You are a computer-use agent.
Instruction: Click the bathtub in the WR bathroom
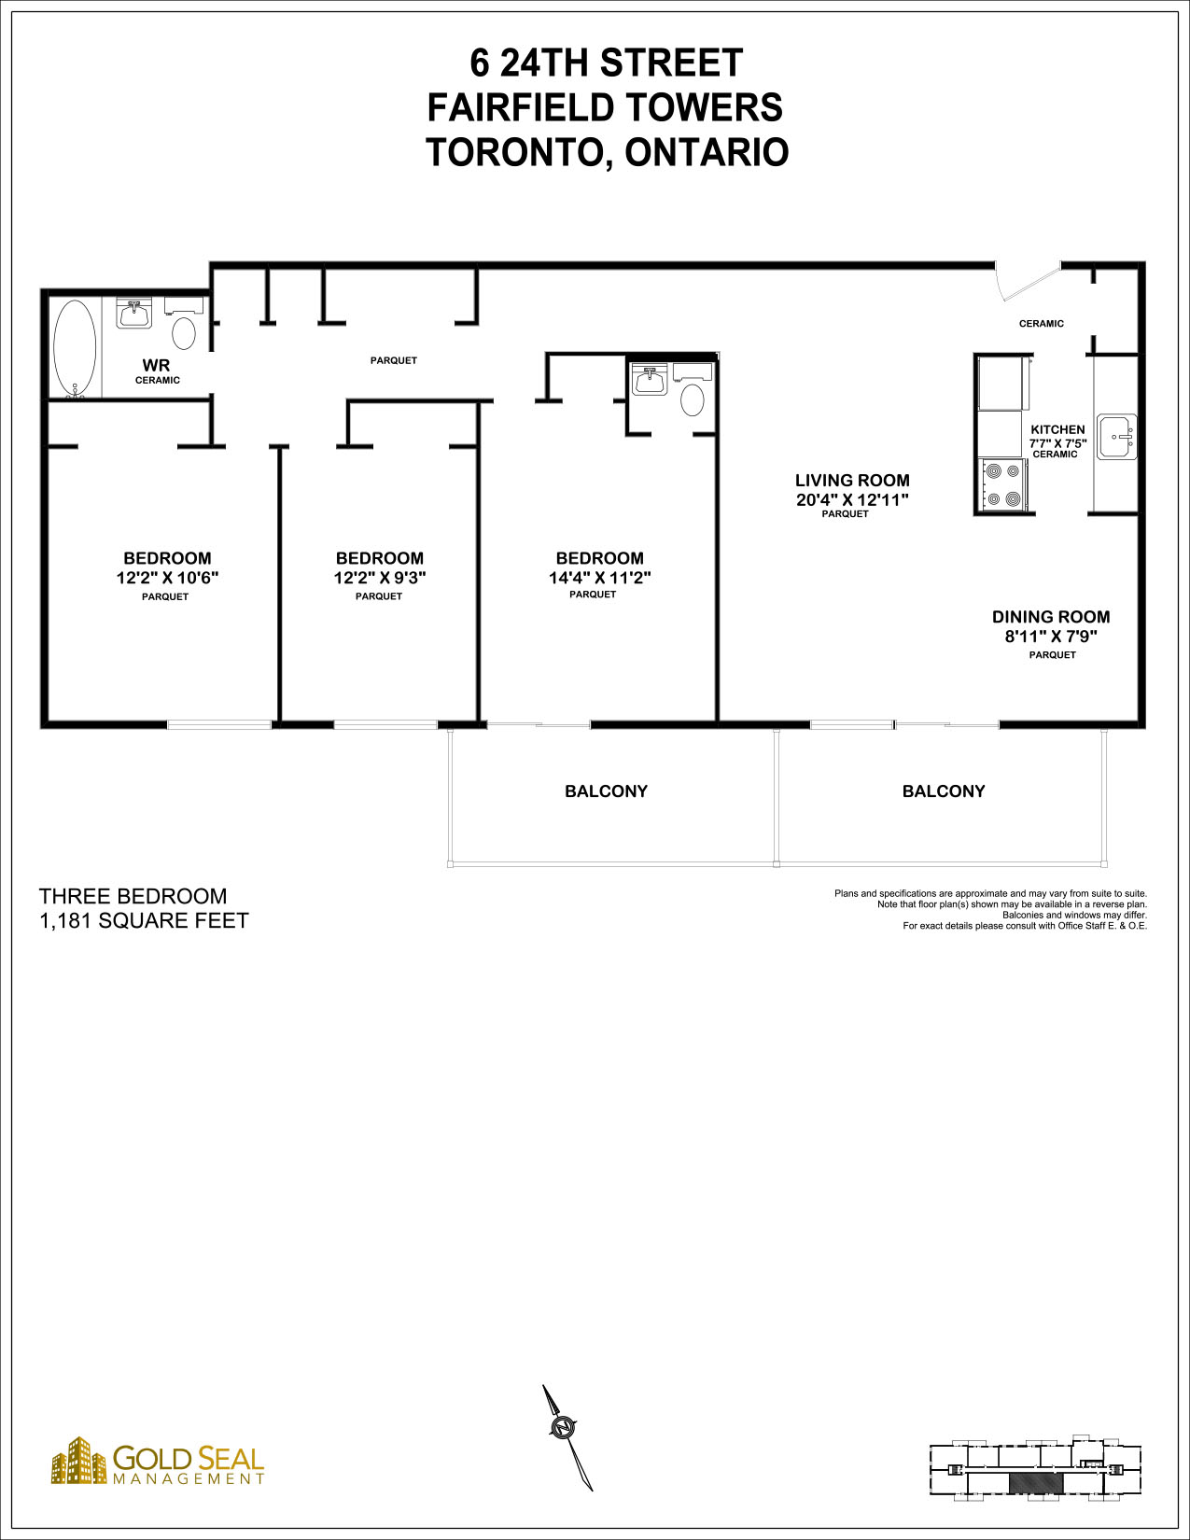click(75, 347)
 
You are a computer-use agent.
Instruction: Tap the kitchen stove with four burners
click(1003, 483)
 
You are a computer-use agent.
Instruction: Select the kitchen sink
click(1117, 437)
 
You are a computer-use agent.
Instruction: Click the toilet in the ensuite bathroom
click(693, 399)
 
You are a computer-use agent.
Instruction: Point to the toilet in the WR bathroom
click(184, 333)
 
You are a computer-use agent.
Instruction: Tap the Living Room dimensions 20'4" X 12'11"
click(852, 499)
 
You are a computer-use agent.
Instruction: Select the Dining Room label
click(1051, 617)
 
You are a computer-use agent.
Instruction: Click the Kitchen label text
click(1057, 429)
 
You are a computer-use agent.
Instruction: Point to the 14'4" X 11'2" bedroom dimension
click(599, 578)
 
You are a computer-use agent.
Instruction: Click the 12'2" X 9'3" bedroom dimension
click(380, 578)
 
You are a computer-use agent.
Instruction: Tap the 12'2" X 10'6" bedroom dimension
click(167, 578)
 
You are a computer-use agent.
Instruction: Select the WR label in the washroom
click(156, 366)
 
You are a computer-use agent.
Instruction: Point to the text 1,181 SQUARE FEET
click(145, 920)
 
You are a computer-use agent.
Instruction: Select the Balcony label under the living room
click(944, 791)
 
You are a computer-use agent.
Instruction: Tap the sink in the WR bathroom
click(134, 314)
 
